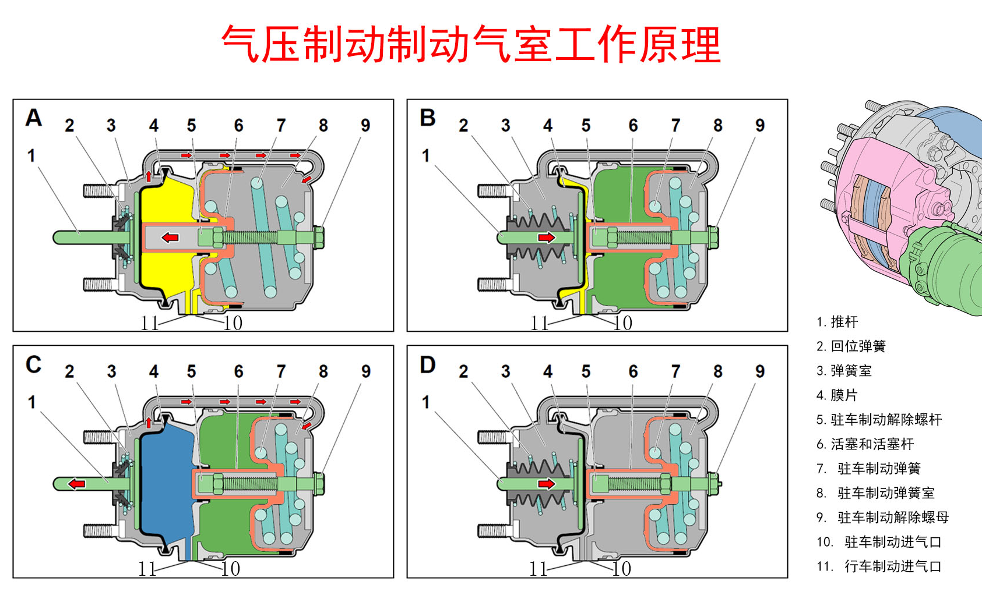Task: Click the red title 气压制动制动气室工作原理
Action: (x=471, y=44)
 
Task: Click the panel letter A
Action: (x=34, y=118)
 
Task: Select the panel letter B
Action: (x=428, y=118)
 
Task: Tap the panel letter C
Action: (x=34, y=364)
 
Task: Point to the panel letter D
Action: (x=428, y=365)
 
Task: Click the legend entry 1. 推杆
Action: (x=837, y=322)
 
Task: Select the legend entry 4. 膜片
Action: (x=837, y=395)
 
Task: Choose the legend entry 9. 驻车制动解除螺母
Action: (x=882, y=518)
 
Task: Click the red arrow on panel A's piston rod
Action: (x=170, y=238)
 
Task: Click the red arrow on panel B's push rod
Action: (x=547, y=238)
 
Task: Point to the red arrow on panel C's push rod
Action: (x=76, y=484)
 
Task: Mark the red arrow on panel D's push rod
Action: (x=547, y=484)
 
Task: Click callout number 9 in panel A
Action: (x=365, y=125)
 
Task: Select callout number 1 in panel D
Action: (x=426, y=402)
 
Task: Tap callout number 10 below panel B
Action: (x=623, y=323)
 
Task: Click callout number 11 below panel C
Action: (x=147, y=569)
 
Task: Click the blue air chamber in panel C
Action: (x=166, y=483)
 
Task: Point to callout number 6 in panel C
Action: (x=238, y=371)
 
